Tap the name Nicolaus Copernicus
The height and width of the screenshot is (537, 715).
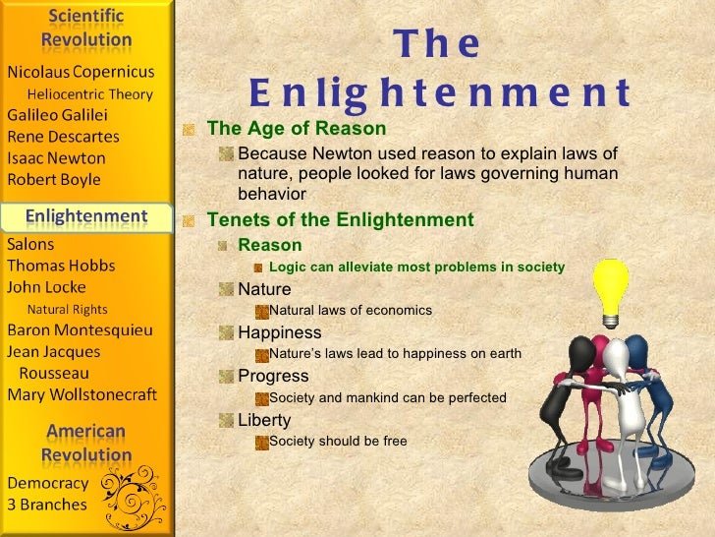pos(81,72)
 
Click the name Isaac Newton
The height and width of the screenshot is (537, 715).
pos(56,158)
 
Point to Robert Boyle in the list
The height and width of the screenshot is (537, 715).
pos(54,180)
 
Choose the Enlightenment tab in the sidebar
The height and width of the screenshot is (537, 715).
pos(86,215)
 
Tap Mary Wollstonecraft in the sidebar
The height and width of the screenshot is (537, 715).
pos(82,395)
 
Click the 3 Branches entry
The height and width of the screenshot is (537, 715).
pos(47,505)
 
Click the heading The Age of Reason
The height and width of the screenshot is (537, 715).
pos(297,130)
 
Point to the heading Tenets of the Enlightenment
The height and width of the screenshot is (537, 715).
pos(340,219)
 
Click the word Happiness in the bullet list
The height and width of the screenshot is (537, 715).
pos(280,332)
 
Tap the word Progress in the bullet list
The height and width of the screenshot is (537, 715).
pos(273,376)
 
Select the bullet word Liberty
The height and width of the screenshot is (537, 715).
pos(264,420)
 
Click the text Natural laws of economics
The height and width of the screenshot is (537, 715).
pos(351,311)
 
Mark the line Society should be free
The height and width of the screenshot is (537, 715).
pos(338,442)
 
